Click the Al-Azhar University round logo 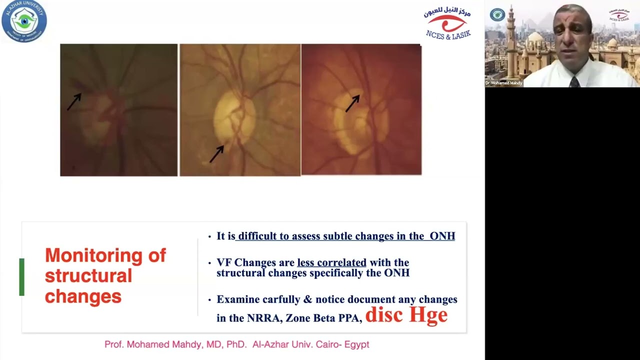24,21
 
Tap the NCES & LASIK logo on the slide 447,23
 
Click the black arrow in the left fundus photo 74,101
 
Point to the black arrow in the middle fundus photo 216,153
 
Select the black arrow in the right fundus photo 352,103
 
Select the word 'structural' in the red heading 88,275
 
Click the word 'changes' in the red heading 83,296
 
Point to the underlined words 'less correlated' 331,262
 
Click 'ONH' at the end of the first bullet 442,236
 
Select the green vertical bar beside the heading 21,276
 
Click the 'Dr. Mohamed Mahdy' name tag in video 503,83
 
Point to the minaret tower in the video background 510,40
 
